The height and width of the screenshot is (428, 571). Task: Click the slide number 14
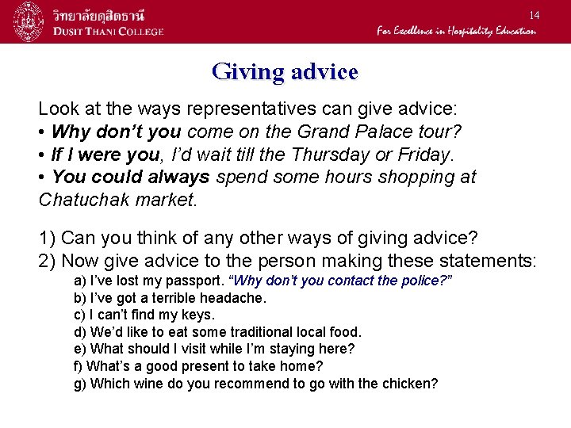point(535,15)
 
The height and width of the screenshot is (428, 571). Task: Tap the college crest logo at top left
point(28,21)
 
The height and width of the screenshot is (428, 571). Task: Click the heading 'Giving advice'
point(285,72)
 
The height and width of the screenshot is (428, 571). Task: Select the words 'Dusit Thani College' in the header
point(109,31)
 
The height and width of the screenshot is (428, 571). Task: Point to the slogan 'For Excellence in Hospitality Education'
point(456,31)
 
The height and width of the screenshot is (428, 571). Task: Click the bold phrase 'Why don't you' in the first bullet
point(117,131)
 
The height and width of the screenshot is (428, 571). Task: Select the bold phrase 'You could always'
point(130,177)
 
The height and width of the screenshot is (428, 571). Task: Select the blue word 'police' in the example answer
point(419,281)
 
